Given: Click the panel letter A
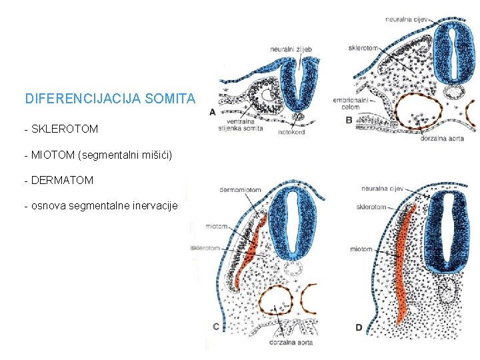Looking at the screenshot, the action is point(213,112).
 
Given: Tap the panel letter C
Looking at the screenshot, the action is point(215,326).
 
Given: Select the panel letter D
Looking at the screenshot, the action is point(359,327).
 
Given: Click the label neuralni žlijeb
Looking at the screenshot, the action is point(291,49).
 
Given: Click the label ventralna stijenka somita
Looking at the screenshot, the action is point(245,125).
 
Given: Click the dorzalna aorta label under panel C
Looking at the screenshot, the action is point(291,343).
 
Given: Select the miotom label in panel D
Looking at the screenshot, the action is point(361,249).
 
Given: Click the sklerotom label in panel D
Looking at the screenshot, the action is point(371,207).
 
